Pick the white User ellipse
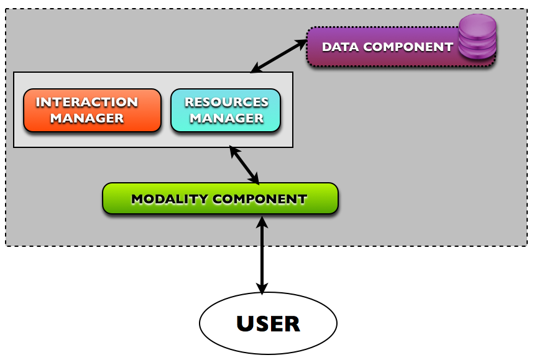point(268,323)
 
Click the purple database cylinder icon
point(477,38)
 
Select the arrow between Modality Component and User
point(262,255)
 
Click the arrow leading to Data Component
point(279,56)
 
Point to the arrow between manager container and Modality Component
point(244,165)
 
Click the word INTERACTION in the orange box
point(86,103)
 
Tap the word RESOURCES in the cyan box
point(226,103)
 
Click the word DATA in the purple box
point(340,47)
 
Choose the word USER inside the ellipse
point(268,324)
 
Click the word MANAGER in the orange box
point(86,118)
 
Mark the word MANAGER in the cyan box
point(226,118)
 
